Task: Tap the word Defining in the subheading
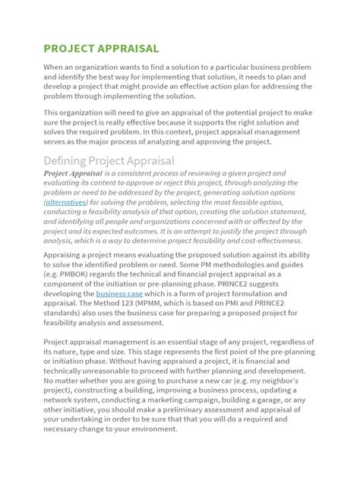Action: (x=66, y=160)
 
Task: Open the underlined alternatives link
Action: (x=66, y=203)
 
